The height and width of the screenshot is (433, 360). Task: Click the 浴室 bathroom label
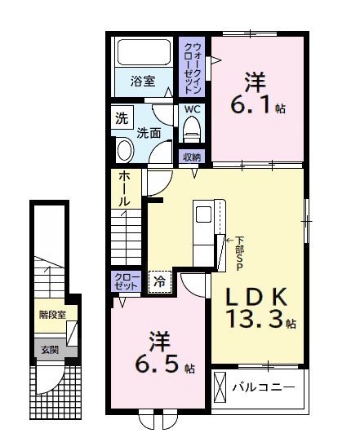pyautogui.click(x=143, y=80)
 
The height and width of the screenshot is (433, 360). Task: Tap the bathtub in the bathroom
pyautogui.click(x=143, y=53)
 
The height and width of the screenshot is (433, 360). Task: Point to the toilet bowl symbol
pyautogui.click(x=193, y=129)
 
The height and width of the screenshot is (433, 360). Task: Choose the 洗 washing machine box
pyautogui.click(x=122, y=117)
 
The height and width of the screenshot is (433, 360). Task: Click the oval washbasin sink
pyautogui.click(x=125, y=149)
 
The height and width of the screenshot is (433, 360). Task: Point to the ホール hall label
pyautogui.click(x=124, y=188)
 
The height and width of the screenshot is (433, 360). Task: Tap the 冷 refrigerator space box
pyautogui.click(x=160, y=281)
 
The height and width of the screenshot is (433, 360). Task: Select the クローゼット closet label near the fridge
pyautogui.click(x=124, y=281)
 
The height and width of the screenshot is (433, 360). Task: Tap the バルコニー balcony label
pyautogui.click(x=263, y=386)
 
